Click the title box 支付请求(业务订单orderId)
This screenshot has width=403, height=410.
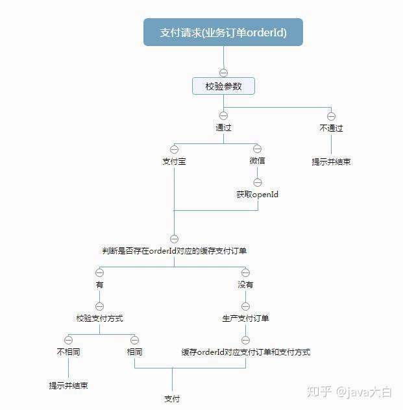[x=223, y=32]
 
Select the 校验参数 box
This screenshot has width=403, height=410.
[x=223, y=86]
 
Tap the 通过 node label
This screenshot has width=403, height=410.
[x=223, y=128]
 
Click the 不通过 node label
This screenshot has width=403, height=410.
[x=331, y=128]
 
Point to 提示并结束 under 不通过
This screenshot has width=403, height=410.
[x=331, y=162]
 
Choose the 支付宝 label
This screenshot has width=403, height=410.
[x=174, y=161]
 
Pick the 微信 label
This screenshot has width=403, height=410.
[x=257, y=161]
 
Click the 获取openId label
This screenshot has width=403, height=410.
[x=257, y=194]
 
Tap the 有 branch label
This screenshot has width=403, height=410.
[x=99, y=284]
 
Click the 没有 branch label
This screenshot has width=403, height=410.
[x=245, y=284]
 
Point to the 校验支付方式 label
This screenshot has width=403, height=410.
[x=99, y=319]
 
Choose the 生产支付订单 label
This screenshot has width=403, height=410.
[x=245, y=319]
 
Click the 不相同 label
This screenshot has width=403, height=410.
[x=68, y=352]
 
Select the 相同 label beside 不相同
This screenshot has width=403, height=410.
[x=134, y=352]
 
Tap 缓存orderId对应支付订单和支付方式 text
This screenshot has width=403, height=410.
[x=245, y=352]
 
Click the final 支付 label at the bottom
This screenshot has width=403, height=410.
[x=172, y=398]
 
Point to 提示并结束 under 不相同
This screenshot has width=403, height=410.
[x=68, y=385]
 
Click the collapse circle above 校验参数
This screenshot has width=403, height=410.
[x=223, y=72]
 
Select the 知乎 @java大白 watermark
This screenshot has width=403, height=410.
[x=350, y=391]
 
